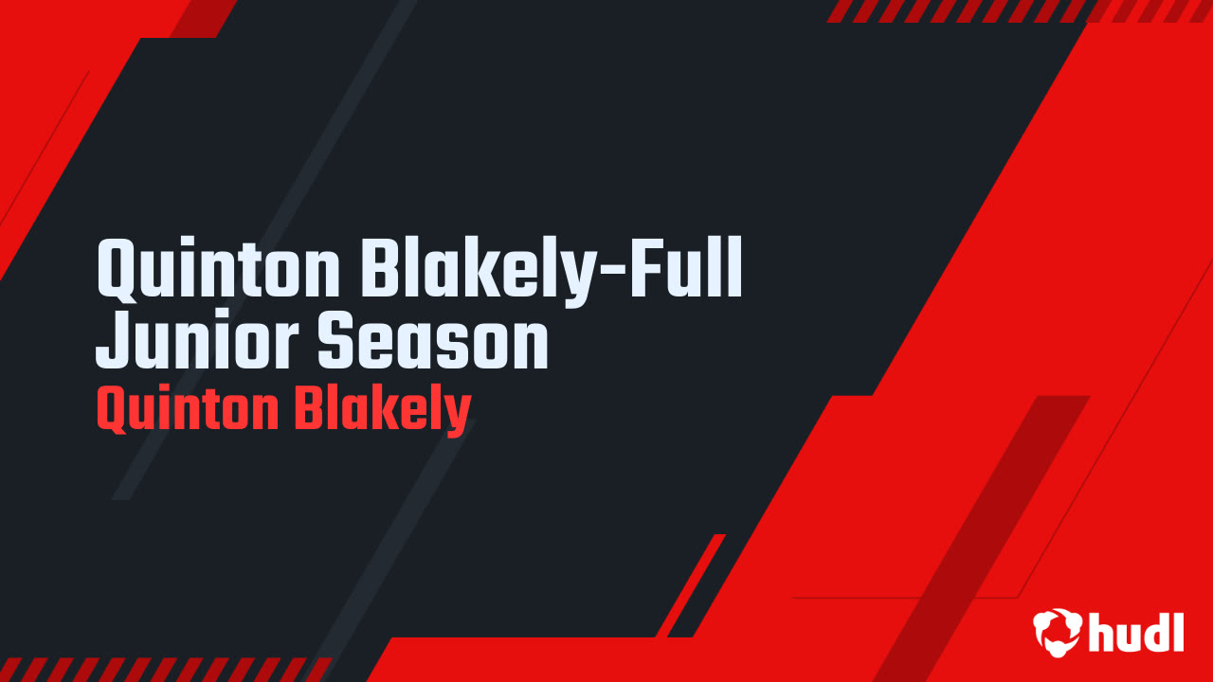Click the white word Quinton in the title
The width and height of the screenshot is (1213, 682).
tap(218, 270)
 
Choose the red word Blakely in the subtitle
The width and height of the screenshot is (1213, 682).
tap(381, 410)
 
